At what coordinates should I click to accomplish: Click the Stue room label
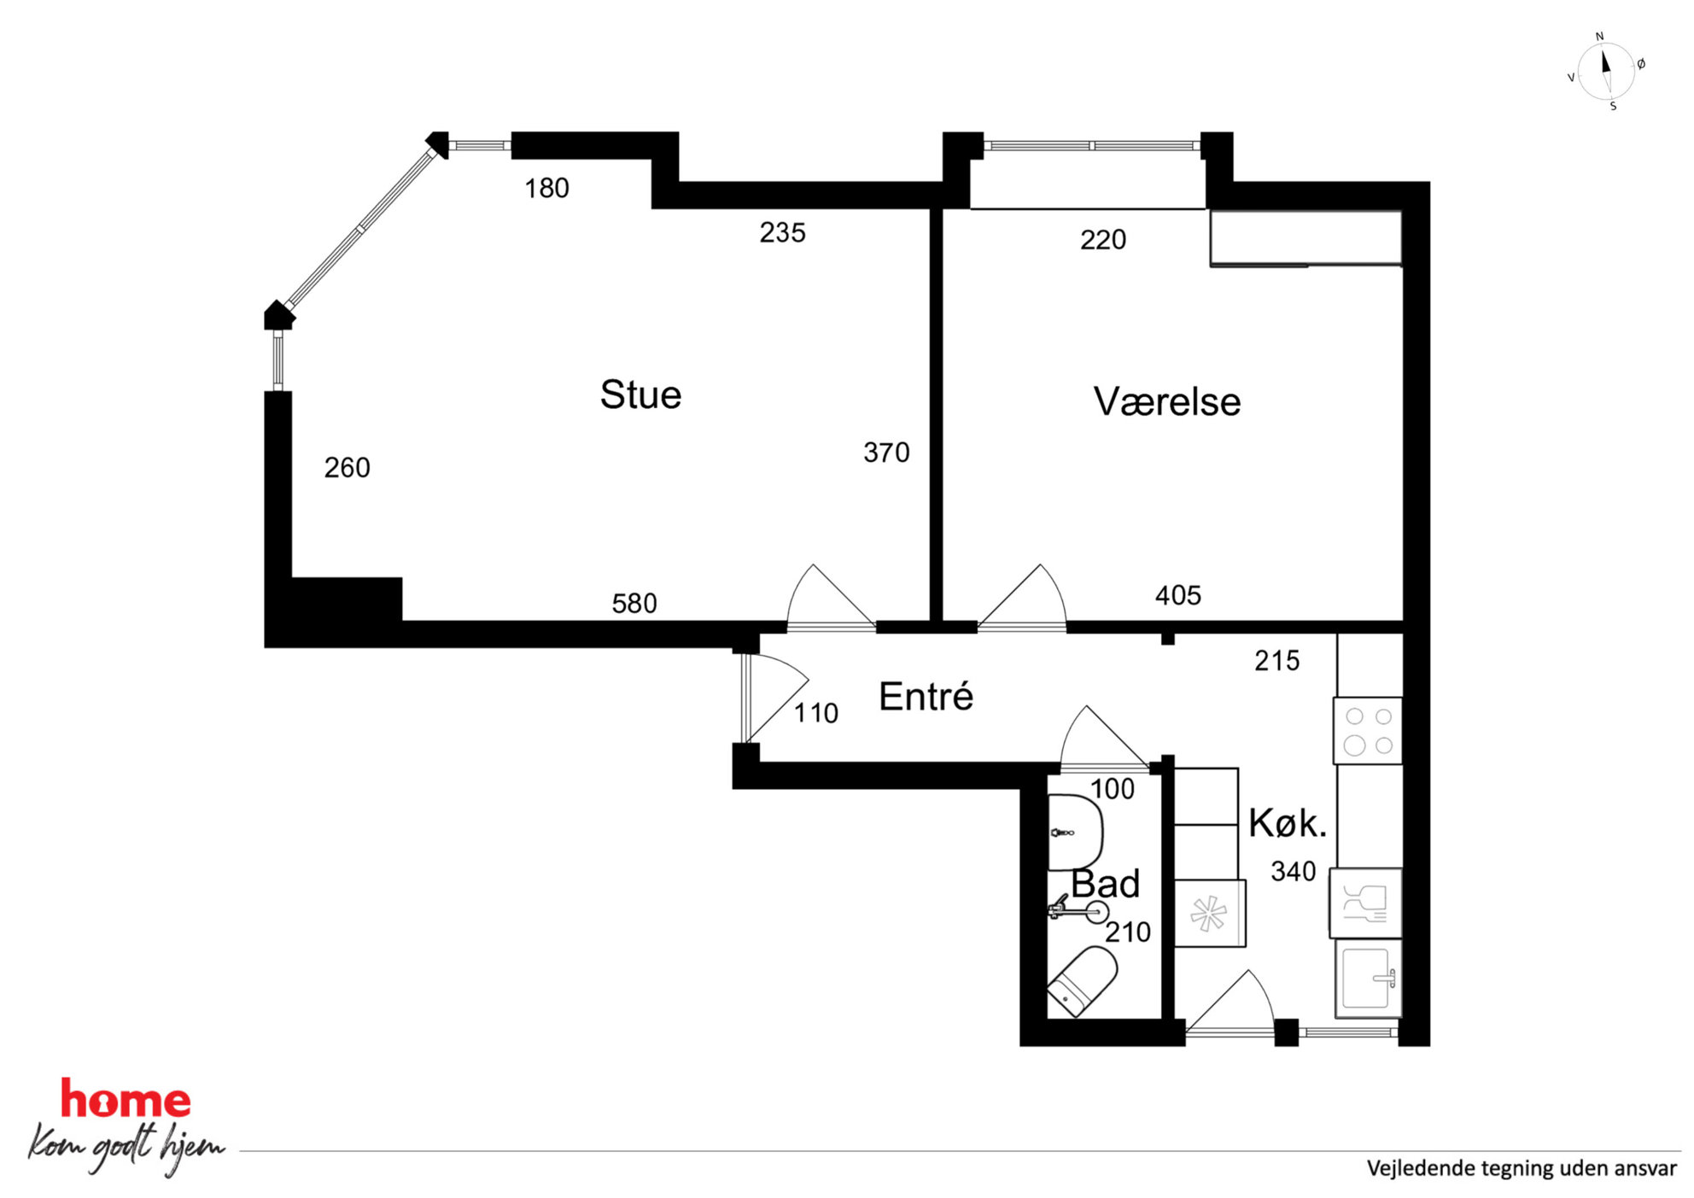pos(640,394)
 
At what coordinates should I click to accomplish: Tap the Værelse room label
pos(1166,401)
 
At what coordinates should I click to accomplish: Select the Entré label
pos(926,696)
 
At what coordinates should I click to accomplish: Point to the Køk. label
pos(1288,823)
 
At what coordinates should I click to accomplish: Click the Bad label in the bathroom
pos(1106,884)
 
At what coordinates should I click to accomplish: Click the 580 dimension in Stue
pos(634,604)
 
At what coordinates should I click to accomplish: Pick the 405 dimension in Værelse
pos(1178,595)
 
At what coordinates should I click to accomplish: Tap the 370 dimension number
pos(886,453)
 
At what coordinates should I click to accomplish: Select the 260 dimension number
pos(347,468)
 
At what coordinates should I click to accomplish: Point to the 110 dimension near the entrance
pos(816,713)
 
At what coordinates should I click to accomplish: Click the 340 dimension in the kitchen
pos(1294,872)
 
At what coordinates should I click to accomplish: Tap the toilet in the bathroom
pos(1082,982)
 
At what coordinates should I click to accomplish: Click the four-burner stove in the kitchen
pos(1368,731)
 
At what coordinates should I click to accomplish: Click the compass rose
pos(1606,72)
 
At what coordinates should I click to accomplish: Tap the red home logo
pos(126,1099)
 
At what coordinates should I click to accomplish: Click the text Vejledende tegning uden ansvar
pos(1522,1168)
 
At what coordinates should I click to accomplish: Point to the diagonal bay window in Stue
pos(361,229)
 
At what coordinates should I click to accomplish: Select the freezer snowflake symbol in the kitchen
pos(1209,914)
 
